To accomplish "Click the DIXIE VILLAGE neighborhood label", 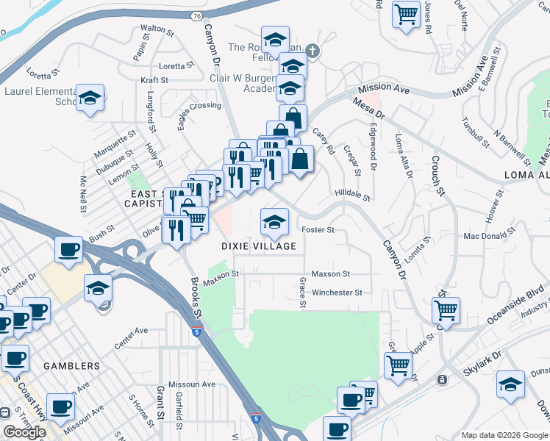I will (x=260, y=246).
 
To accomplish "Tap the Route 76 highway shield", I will (x=195, y=15).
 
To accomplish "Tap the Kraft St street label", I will (x=154, y=79).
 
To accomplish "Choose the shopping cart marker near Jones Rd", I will (x=406, y=14).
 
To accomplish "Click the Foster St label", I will (x=318, y=229).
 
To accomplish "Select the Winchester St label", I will (x=337, y=292).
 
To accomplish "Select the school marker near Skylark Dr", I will (x=510, y=385).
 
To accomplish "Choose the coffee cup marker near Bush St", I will (x=68, y=249).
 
